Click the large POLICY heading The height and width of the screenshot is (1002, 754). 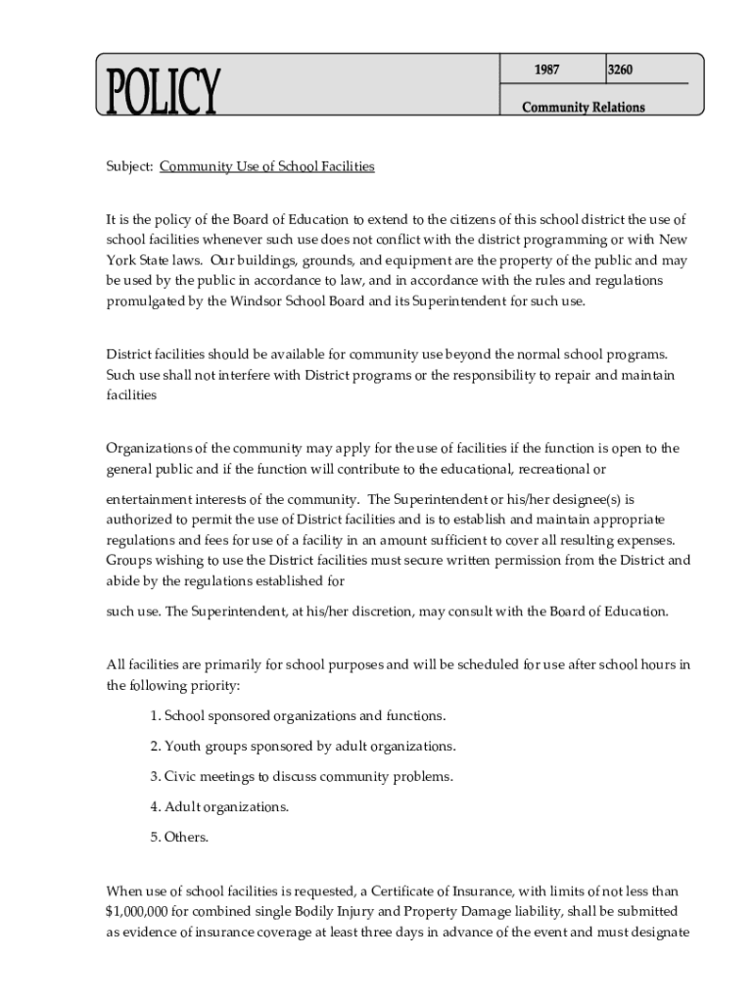coord(159,92)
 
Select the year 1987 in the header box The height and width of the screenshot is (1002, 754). coord(546,69)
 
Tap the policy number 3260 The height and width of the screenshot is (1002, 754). coord(620,69)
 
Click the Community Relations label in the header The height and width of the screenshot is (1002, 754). coord(583,107)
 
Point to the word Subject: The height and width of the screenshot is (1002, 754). coord(129,166)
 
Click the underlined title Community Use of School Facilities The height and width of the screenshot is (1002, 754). coord(266,166)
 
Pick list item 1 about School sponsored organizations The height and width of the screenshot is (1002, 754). coord(298,715)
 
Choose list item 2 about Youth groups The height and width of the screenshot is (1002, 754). coord(303,746)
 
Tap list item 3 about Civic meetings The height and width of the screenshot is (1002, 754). coord(302,776)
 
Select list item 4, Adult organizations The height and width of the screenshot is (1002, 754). coord(219,806)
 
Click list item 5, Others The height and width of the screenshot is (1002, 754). coord(179,837)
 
